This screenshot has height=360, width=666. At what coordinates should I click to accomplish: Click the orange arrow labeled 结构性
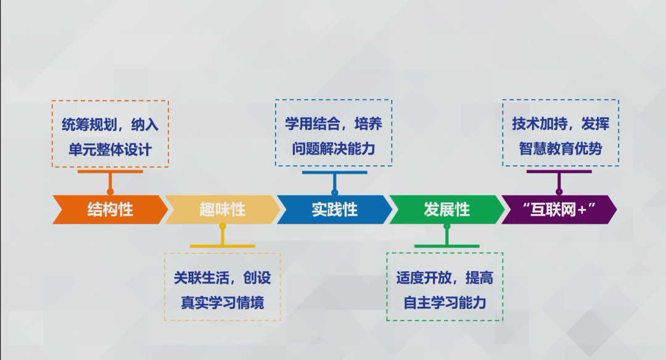point(110,210)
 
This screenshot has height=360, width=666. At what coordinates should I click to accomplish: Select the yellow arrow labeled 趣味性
point(223,210)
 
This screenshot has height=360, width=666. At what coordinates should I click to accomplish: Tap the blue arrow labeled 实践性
point(335,210)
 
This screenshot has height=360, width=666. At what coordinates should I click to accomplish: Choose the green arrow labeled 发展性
point(447,210)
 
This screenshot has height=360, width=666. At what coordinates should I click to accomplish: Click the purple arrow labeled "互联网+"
point(559,210)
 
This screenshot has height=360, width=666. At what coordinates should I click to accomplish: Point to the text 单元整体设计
point(110,149)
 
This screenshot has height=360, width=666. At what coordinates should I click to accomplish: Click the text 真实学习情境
point(223,303)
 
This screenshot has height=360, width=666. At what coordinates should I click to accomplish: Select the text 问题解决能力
point(334,149)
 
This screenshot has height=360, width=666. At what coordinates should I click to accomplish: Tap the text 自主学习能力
point(445,303)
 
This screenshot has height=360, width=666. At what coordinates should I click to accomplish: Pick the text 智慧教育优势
point(560,149)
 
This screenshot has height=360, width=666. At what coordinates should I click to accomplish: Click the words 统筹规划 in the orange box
point(89,125)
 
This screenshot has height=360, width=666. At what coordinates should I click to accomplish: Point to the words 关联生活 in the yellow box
point(201,277)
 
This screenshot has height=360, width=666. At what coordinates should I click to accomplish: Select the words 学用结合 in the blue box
point(313,123)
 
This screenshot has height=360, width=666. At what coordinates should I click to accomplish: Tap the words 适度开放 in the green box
point(424,277)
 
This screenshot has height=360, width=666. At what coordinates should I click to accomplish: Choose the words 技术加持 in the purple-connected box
point(540,123)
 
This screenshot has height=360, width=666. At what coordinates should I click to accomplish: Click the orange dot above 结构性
point(110,192)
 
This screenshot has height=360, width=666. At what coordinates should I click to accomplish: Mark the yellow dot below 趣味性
point(223,226)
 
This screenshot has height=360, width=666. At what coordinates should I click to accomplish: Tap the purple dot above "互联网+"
point(559,192)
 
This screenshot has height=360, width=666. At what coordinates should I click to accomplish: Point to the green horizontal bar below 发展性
point(447,246)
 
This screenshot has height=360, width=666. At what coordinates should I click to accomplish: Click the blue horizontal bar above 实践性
point(335,173)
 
